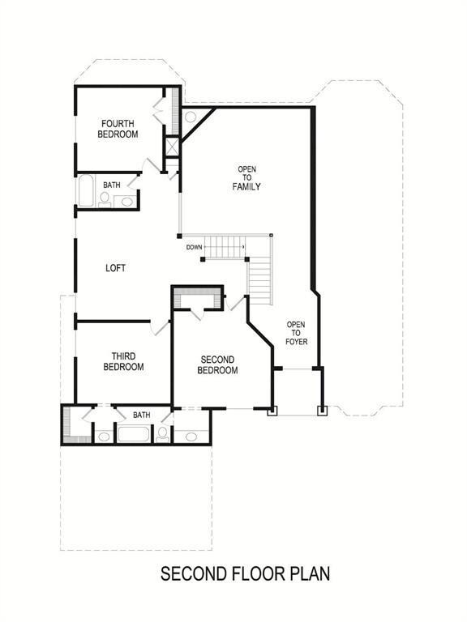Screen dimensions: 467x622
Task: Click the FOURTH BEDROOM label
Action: pos(118,129)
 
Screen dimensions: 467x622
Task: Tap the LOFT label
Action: pos(116,268)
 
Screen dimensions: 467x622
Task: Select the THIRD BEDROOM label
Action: pos(123,361)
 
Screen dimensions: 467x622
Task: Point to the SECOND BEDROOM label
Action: pos(217,365)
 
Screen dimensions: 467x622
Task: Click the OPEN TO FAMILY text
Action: pos(246,177)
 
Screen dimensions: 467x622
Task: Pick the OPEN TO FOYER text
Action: pos(296,333)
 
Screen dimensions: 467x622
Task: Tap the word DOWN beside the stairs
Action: pos(195,247)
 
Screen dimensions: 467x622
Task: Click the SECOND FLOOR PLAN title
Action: pos(245,573)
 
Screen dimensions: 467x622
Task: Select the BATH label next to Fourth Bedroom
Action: pos(112,185)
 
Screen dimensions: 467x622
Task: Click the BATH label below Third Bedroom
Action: pos(141,415)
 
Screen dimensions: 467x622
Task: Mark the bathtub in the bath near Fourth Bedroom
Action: pos(86,191)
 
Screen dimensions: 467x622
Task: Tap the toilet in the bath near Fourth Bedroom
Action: pos(105,199)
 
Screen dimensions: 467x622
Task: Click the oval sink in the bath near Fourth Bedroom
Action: pos(126,202)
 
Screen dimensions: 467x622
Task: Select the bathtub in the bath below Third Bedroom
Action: pos(134,433)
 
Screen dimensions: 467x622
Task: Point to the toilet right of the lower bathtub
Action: pos(162,434)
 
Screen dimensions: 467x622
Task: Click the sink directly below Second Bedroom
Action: pos(191,437)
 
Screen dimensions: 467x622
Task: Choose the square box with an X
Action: pos(173,147)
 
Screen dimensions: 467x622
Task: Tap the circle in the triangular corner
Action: pos(191,117)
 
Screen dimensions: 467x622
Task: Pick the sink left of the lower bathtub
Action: pos(104,437)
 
